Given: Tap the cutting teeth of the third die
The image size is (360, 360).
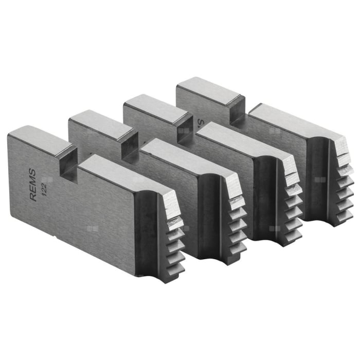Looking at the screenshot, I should (x=292, y=203).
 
